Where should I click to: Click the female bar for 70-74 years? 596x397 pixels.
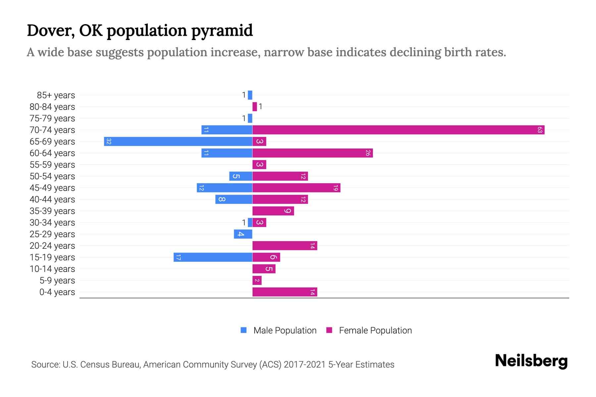[x=397, y=130]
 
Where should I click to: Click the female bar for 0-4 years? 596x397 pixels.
[x=285, y=292]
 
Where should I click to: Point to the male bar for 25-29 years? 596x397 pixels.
[x=243, y=234]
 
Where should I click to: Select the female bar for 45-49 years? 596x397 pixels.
[x=296, y=188]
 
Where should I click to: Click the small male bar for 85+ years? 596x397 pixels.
[x=250, y=95]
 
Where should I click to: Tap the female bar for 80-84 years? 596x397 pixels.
[x=255, y=107]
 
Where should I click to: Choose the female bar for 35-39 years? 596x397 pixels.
[x=273, y=211]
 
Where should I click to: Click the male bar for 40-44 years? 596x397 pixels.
[x=234, y=199]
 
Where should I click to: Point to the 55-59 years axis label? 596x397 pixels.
[x=52, y=164]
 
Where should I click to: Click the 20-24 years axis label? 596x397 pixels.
[x=52, y=245]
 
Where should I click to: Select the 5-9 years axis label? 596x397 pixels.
[x=57, y=280]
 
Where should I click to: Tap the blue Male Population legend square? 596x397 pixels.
[x=244, y=330]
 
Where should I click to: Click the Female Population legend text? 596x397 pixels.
[x=375, y=330]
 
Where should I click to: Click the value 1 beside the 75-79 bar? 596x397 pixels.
[x=244, y=118]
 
